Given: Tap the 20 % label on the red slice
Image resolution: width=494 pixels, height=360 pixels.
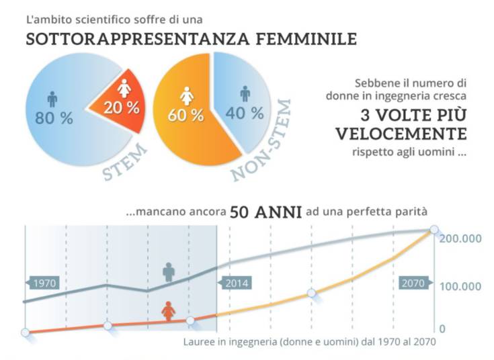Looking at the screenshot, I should point(120,108).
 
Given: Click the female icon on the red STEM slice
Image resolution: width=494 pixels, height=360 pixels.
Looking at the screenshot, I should point(123,89).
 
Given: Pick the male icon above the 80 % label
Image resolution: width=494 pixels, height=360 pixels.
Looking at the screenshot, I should point(52,99).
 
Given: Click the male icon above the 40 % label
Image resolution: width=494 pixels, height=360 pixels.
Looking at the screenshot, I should point(245,93).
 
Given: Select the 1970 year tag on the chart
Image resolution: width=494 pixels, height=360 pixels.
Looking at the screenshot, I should point(43,283).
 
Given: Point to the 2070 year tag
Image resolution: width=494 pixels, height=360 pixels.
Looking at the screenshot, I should point(413,283).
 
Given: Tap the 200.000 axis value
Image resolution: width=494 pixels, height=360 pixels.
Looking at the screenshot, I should point(461,239).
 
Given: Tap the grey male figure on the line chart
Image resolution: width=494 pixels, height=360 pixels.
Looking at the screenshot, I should point(169,272).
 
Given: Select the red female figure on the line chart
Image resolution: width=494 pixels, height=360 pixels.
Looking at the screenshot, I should point(169,311).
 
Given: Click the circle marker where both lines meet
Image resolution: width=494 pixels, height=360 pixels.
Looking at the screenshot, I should point(434,230).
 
